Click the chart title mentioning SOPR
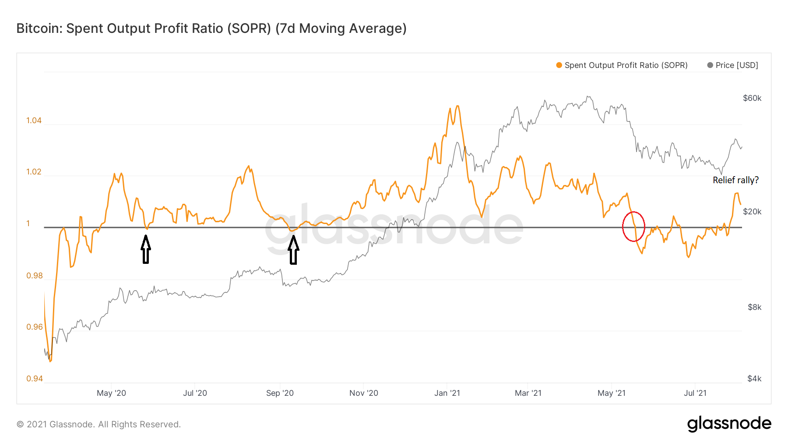211,28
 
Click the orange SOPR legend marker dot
559,65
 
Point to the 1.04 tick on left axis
34,121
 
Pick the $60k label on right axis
752,98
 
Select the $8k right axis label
754,307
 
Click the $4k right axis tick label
754,379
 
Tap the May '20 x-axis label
111,393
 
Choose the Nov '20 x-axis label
363,393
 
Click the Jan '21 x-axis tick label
447,393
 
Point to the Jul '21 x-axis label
695,393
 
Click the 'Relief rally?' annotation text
735,180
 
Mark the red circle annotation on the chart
633,226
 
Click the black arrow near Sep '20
293,250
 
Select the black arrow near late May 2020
146,249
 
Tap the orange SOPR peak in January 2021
457,106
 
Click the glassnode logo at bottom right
729,424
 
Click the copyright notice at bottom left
98,424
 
